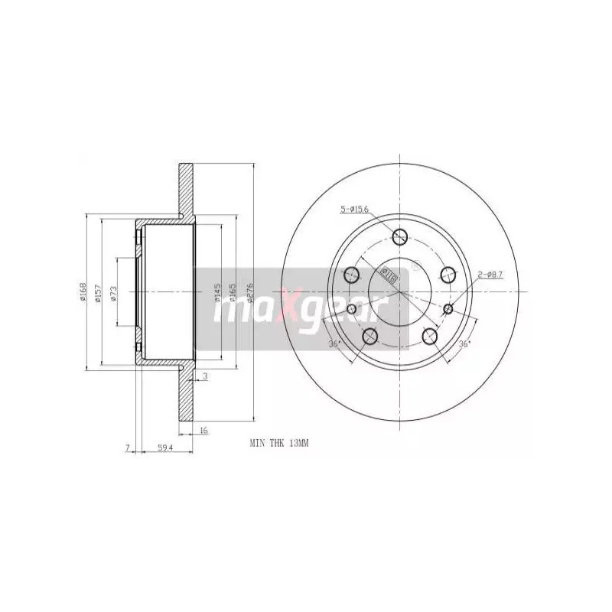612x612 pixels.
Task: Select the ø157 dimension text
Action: click(x=98, y=292)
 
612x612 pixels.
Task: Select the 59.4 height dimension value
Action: click(x=162, y=447)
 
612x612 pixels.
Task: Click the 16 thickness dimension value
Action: click(x=203, y=431)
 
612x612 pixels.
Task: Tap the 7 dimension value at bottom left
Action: click(x=129, y=447)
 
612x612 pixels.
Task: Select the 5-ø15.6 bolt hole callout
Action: click(x=354, y=209)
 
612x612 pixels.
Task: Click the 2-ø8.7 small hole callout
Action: click(x=490, y=274)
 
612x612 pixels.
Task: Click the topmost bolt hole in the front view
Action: click(x=400, y=236)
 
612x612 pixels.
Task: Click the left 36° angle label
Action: click(x=334, y=343)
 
